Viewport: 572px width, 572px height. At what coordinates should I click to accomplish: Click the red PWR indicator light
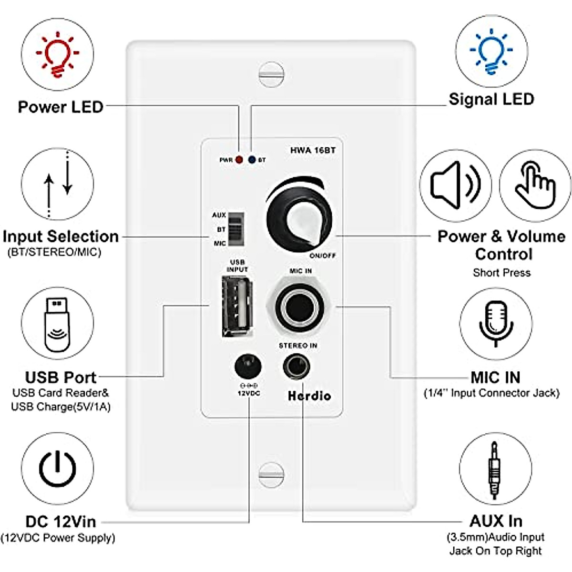coord(239,160)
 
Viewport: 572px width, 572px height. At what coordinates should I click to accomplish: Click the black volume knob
coord(299,219)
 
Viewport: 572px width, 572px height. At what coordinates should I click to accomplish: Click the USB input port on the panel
coord(237,307)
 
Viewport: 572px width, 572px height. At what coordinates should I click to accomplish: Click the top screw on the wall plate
coord(271,75)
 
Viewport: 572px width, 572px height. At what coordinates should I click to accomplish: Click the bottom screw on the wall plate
coord(271,475)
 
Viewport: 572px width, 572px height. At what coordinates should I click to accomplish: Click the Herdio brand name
coord(309,396)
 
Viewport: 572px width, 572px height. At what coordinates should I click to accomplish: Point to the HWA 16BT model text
coord(313,151)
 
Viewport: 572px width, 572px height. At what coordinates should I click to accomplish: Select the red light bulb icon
coord(58,54)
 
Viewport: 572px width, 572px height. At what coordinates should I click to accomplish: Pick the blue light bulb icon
coord(491,51)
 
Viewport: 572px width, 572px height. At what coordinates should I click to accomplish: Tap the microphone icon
coord(496,323)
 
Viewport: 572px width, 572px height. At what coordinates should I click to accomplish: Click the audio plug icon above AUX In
coord(495,470)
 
